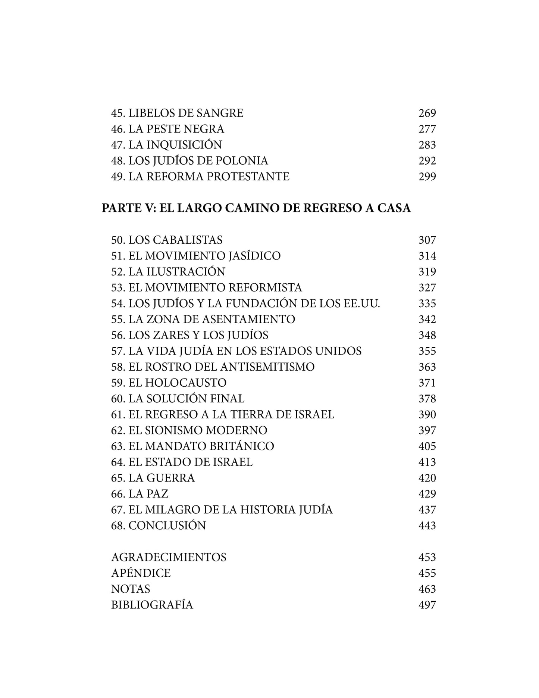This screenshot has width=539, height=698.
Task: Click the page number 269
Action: (427, 113)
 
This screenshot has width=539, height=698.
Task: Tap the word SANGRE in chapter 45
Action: (220, 113)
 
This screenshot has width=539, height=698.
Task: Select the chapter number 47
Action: (118, 145)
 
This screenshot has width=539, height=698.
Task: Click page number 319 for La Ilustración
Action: (427, 272)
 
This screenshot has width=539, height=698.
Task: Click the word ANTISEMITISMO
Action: (267, 367)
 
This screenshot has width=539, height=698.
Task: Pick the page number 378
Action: (427, 399)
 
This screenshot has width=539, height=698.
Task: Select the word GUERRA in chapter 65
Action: (170, 478)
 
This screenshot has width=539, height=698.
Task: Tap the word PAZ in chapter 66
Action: (157, 494)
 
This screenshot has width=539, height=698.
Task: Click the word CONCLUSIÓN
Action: (167, 526)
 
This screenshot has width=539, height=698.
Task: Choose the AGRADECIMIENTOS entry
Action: (169, 557)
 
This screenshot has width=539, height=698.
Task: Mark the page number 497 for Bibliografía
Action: (427, 605)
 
